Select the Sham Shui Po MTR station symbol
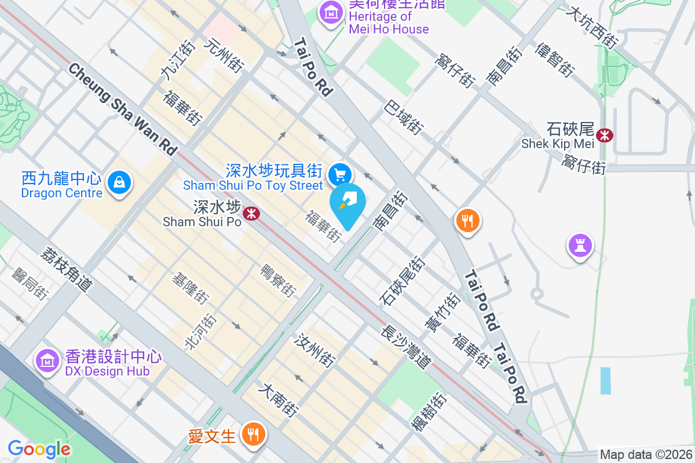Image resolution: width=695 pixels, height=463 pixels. click(251, 214)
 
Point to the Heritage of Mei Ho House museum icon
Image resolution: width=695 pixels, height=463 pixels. click(331, 12)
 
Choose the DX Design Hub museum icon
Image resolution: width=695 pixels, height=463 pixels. click(47, 361)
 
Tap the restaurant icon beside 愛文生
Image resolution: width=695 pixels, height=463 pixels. click(253, 432)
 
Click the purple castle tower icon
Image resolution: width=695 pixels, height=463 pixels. click(580, 246)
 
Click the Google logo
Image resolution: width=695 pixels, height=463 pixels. click(39, 449)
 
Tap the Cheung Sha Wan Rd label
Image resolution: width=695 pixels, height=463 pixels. click(122, 109)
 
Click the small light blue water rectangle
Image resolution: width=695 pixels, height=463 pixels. click(606, 380)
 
